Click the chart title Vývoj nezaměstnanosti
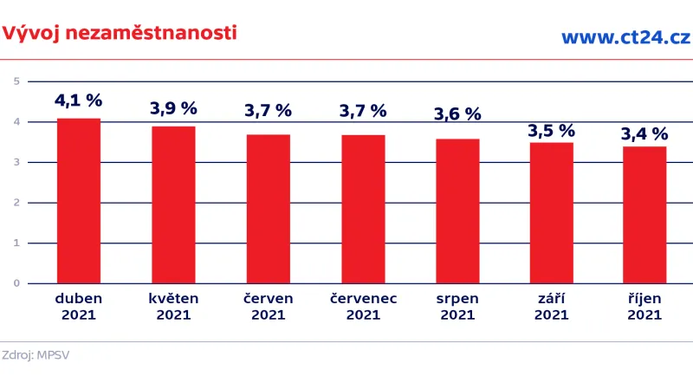click(x=119, y=33)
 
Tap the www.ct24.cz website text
click(x=625, y=36)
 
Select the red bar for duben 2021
click(x=79, y=201)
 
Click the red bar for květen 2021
click(x=173, y=204)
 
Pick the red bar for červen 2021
click(x=269, y=209)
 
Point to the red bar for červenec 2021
click(x=363, y=209)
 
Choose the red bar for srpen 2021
click(x=457, y=211)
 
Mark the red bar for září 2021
click(x=552, y=212)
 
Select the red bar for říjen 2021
click(x=644, y=215)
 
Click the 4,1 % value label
click(x=79, y=100)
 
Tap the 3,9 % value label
click(x=173, y=108)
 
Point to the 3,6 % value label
click(x=457, y=113)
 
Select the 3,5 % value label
click(x=552, y=131)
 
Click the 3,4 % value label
click(x=644, y=133)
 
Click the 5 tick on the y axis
click(x=16, y=81)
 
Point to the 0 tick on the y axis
click(x=16, y=283)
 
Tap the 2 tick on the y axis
click(x=16, y=203)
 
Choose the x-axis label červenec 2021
click(x=363, y=307)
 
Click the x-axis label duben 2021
click(x=79, y=307)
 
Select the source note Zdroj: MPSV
click(x=36, y=354)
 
